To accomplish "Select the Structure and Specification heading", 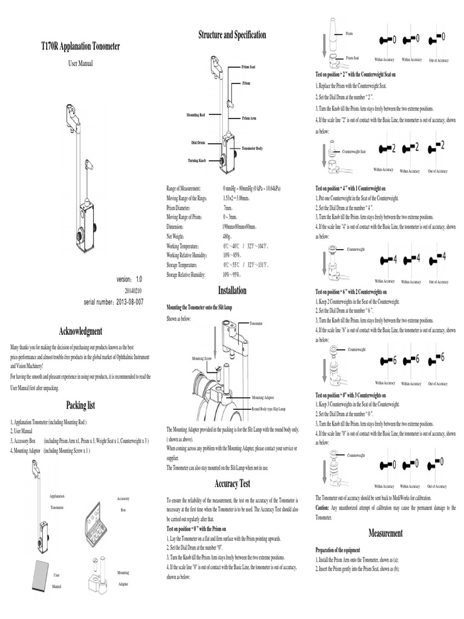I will click(232, 35).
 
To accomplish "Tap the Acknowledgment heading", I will click(80, 331).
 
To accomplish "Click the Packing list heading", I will click(80, 405).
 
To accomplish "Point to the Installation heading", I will click(232, 291).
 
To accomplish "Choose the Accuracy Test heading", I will click(232, 484).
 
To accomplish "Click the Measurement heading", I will click(385, 533).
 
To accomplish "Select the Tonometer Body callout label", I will click(252, 148).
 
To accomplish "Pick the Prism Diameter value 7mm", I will click(228, 207).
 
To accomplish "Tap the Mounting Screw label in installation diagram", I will click(201, 358).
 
